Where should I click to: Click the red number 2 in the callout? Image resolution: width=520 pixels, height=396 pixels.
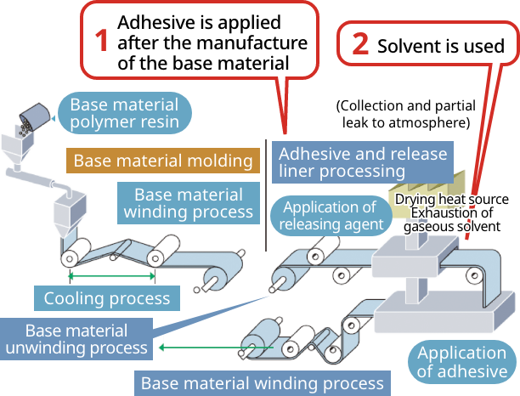pos(359,46)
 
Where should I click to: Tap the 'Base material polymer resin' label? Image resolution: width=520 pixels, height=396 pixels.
pos(124,114)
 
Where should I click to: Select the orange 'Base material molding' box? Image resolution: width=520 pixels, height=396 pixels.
pos(163,161)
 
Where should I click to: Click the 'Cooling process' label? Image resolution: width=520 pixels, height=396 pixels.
pos(107,298)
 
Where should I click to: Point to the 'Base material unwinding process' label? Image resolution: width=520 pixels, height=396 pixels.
pos(76,339)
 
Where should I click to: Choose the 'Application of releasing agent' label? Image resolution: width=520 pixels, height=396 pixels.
pos(330,216)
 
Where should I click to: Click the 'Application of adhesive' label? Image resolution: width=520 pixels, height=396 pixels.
pos(462,362)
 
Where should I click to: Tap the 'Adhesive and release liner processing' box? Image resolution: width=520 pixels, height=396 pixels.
pos(363,162)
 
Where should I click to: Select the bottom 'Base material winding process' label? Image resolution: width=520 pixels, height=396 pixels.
pos(263,382)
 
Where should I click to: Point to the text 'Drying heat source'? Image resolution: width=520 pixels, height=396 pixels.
pos(452,200)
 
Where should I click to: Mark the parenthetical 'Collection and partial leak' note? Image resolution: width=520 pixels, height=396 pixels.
pos(403,114)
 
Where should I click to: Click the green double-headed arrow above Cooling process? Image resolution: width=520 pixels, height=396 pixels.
pos(112,276)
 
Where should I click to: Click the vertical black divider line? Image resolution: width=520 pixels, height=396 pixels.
pos(267,195)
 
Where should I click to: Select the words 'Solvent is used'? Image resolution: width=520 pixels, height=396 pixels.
pos(440,46)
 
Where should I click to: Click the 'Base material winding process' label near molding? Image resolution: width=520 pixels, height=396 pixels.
pos(188,203)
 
